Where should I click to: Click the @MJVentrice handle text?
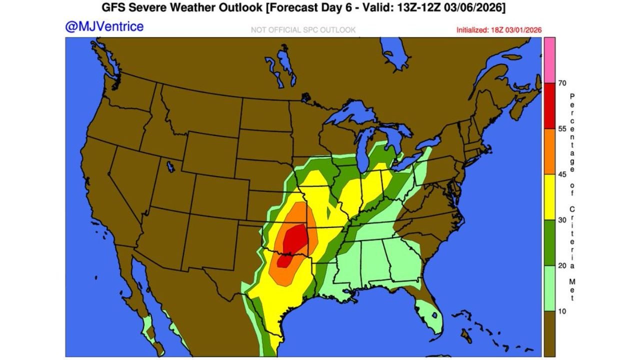[x=104, y=26]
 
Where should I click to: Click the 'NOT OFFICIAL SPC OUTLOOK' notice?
[x=303, y=30]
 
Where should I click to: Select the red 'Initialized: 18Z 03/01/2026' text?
[x=499, y=30]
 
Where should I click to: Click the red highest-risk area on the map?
[x=295, y=240]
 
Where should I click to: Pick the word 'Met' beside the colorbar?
[x=572, y=290]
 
